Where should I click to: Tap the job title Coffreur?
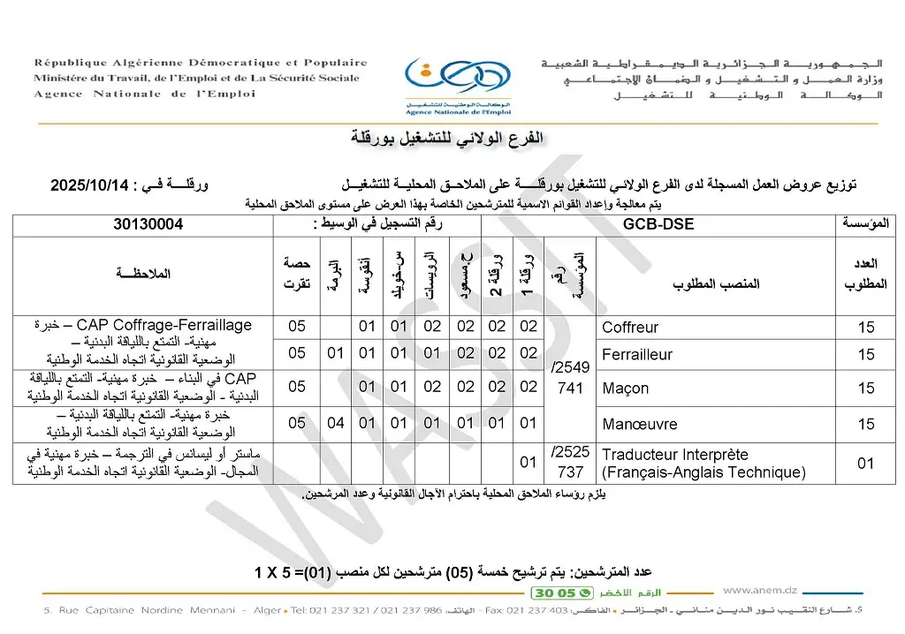[630, 328]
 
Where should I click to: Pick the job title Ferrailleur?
[637, 355]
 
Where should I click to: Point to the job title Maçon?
[625, 388]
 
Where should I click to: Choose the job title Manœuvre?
[639, 424]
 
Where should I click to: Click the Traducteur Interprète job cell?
[703, 464]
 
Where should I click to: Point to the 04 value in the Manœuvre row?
[336, 424]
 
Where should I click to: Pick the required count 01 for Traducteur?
[865, 464]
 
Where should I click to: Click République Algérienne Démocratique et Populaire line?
[201, 63]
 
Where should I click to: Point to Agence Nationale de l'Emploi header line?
[146, 94]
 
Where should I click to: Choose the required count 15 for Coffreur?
[865, 328]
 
